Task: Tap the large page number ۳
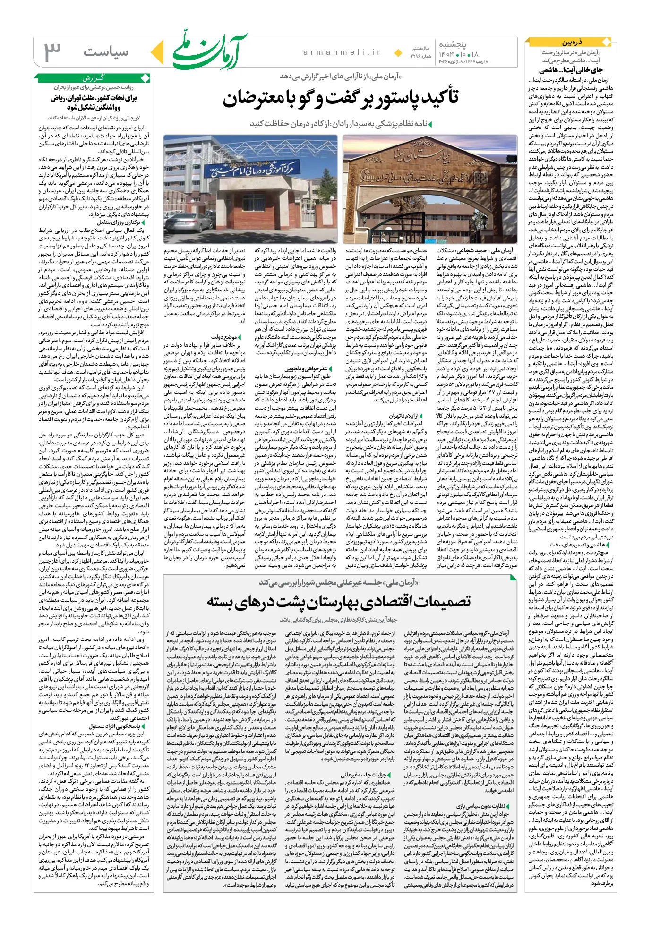click(52, 51)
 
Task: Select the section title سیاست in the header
click(106, 51)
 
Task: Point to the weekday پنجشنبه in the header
click(453, 44)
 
